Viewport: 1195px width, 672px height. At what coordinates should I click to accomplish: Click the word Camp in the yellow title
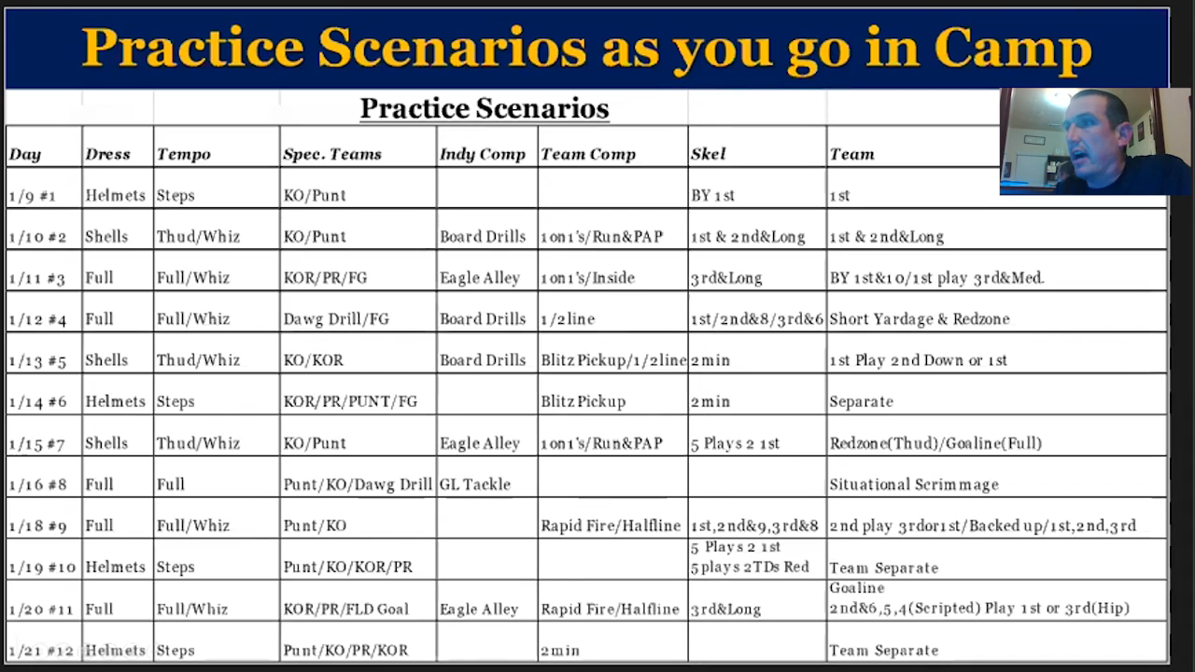[x=1013, y=49]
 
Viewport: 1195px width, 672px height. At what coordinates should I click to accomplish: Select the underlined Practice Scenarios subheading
[x=485, y=108]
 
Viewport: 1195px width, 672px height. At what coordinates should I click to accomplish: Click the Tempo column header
[x=184, y=155]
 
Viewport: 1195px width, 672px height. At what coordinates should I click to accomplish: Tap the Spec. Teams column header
[x=332, y=155]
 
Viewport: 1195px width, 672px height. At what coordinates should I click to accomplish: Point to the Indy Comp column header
[x=483, y=155]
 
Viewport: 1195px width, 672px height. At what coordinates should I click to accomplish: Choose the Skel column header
[x=708, y=154]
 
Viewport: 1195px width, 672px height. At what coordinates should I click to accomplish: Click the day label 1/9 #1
[x=33, y=196]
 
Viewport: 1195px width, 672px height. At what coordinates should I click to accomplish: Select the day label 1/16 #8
[x=38, y=484]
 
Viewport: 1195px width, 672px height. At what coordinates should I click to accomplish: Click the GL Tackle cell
[x=475, y=484]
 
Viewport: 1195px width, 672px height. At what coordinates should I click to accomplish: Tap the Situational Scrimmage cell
[x=914, y=484]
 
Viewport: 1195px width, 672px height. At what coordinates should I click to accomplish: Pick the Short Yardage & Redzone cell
[x=920, y=319]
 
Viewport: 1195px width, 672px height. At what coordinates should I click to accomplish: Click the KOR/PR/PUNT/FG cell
[x=350, y=401]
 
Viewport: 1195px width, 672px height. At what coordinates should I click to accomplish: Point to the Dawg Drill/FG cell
[x=336, y=319]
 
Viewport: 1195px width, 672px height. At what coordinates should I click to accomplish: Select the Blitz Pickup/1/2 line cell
[x=613, y=360]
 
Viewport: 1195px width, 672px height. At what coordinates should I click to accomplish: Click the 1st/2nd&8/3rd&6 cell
[x=757, y=319]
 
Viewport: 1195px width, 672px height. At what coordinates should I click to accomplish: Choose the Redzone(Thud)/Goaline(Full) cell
[x=935, y=443]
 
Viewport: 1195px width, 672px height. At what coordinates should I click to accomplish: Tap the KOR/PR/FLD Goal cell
[x=345, y=609]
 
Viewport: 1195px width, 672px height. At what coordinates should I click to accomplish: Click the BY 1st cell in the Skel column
[x=712, y=196]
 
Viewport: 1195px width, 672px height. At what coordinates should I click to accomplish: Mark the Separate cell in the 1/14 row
[x=861, y=401]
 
